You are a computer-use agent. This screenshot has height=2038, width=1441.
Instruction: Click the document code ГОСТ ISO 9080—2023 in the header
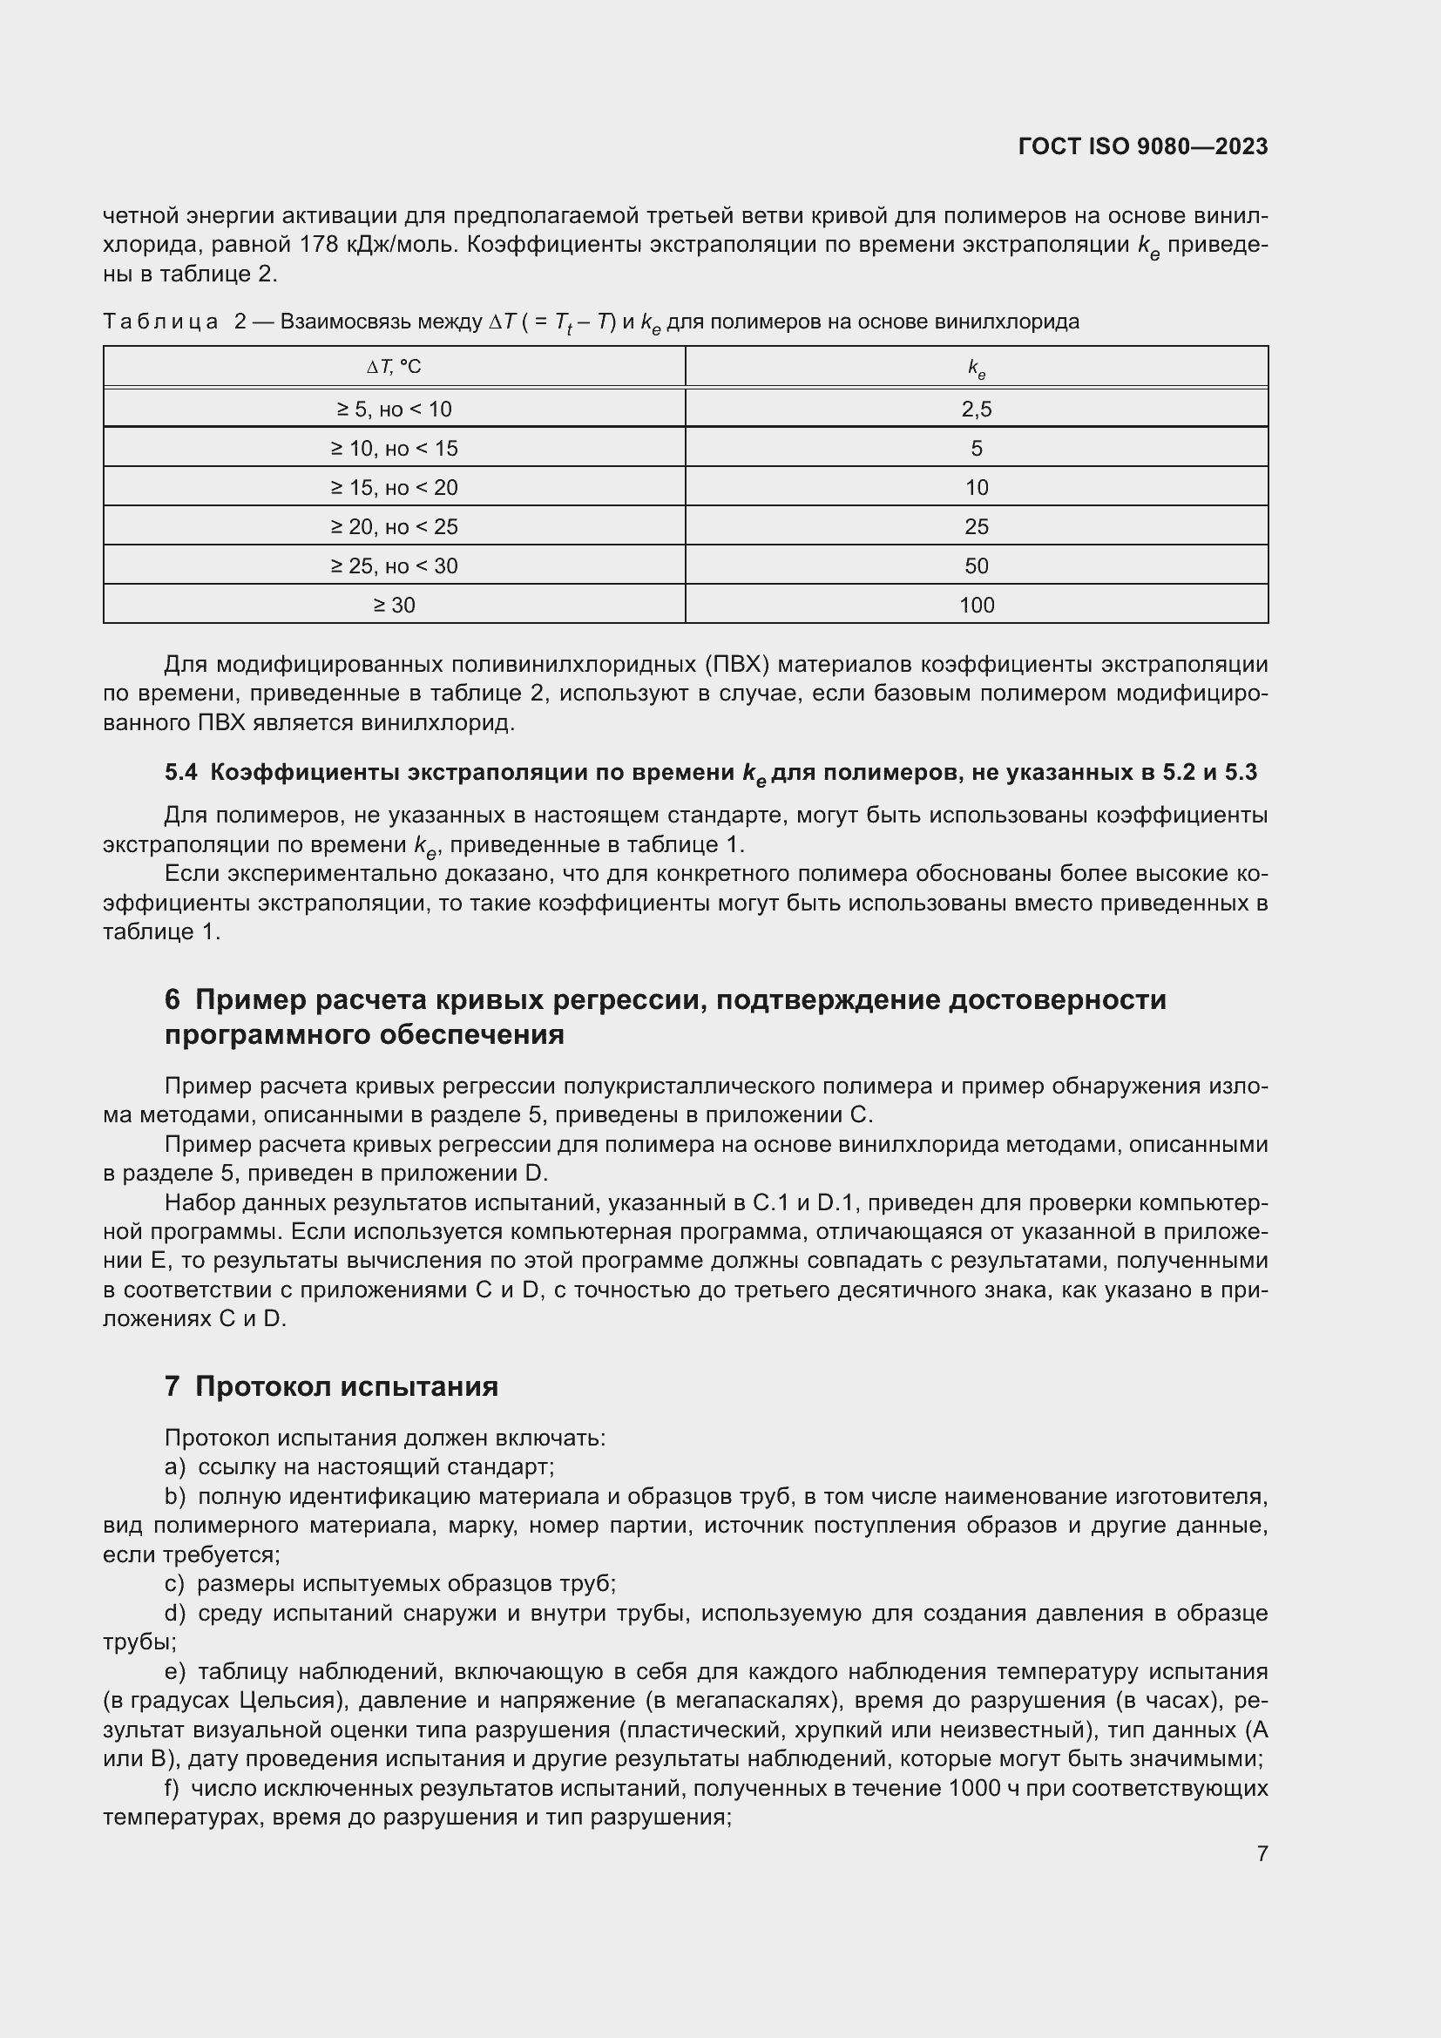1143,147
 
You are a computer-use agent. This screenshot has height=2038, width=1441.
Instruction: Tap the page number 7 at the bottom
1262,1853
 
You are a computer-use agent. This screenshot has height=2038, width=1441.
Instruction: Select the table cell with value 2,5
976,410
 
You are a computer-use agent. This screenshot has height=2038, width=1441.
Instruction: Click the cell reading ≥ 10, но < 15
394,448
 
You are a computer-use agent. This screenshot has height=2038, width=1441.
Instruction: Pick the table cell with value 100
976,606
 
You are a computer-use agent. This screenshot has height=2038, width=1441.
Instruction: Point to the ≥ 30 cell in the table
394,606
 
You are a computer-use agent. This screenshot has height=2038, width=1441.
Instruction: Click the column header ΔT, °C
394,367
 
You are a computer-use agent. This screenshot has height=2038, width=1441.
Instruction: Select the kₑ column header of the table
976,368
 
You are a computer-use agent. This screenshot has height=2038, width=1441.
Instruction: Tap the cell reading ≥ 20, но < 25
394,527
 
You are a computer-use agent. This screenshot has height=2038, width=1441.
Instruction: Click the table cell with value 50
976,566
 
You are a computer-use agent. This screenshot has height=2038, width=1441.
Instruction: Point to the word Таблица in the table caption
160,322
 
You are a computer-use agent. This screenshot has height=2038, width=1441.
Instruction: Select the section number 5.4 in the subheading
181,772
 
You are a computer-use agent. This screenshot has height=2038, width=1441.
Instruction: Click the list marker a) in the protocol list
175,1466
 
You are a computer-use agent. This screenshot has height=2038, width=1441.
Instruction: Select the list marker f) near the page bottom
173,1788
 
